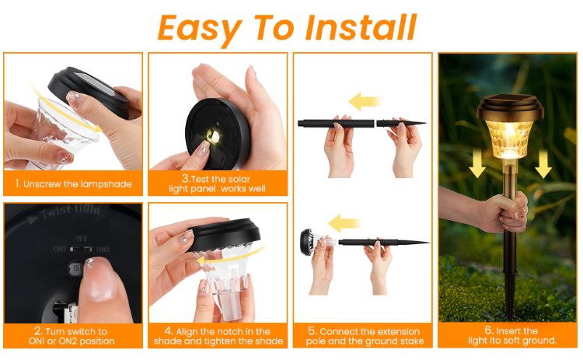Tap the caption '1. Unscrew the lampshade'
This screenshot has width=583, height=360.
click(73, 184)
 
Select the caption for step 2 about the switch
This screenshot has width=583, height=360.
click(73, 336)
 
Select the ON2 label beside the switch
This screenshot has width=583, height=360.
click(103, 250)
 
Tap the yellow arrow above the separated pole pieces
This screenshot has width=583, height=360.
click(364, 100)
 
